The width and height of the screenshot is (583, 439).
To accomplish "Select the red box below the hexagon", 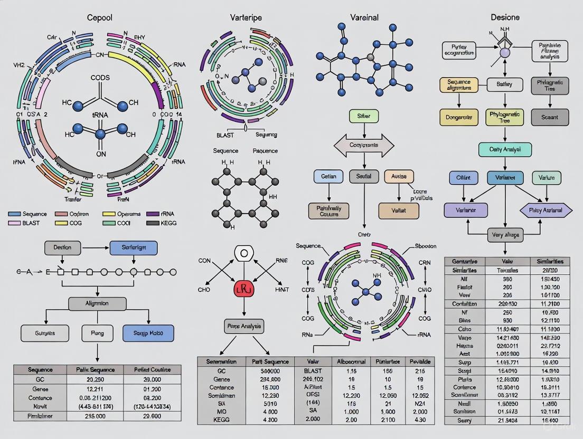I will (243, 289).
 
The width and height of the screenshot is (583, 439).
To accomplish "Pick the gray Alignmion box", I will (97, 303).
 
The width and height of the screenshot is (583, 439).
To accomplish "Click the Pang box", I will (97, 333).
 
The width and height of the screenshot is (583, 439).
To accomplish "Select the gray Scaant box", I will (550, 117).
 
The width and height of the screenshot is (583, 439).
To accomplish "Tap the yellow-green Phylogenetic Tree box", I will (504, 117).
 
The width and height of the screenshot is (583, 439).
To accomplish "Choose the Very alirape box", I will (505, 235).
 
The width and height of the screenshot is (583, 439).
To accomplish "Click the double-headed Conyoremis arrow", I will (364, 145).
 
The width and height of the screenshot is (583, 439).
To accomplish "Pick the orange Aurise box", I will (399, 176).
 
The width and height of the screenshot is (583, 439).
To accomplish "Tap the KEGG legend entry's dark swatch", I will (153, 223).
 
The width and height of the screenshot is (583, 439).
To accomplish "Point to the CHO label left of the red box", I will (204, 290).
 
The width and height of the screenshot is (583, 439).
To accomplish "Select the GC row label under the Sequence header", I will (40, 379).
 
